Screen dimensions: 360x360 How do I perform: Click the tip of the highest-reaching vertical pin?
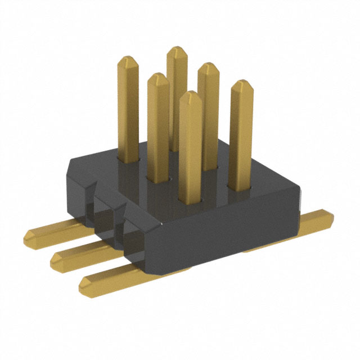click(177, 49)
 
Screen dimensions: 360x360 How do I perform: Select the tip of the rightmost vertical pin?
click(242, 83)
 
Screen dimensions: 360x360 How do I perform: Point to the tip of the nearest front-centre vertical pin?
click(191, 94)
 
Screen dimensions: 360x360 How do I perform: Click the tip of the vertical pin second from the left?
click(158, 76)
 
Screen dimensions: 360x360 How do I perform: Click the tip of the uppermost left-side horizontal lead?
click(29, 233)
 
